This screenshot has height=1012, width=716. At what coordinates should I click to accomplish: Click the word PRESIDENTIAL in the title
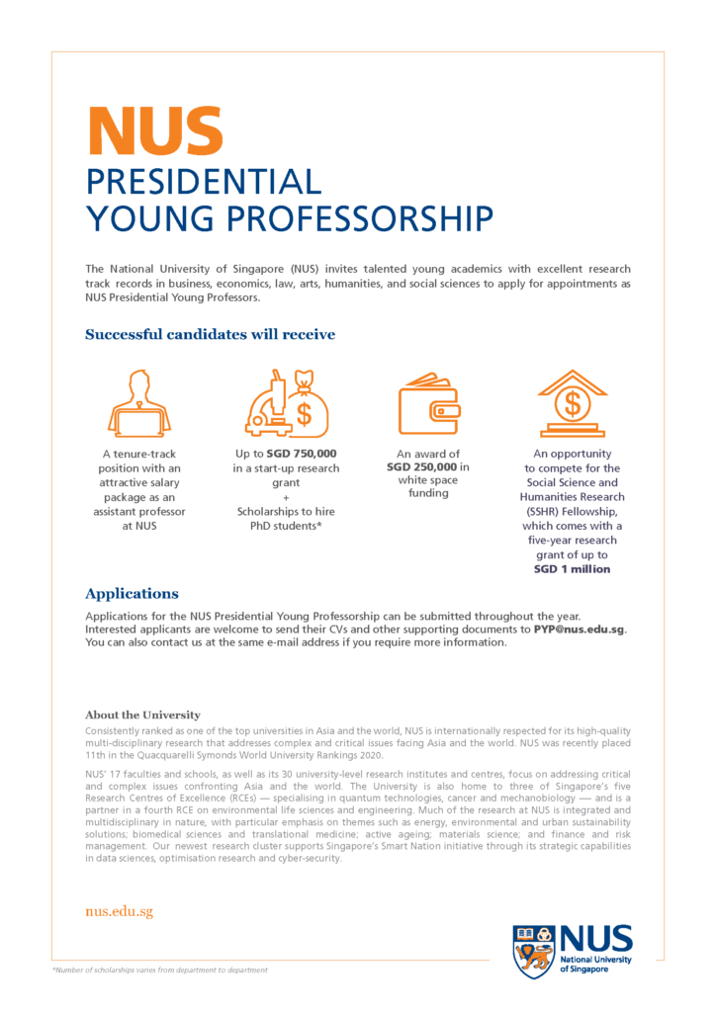pos(204,182)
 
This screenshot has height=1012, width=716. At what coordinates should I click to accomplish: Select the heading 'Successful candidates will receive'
pos(210,334)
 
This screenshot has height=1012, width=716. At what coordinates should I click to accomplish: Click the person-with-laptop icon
pos(139,401)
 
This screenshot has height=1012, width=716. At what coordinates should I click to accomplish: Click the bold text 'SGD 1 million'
pos(572,569)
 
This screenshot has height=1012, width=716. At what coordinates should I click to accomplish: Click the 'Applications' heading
pos(132,594)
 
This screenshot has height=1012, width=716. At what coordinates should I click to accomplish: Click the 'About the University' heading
pos(142,715)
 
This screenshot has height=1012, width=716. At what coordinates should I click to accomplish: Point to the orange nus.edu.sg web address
pos(119,911)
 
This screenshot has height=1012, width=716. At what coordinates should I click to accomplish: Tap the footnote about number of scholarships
pos(159,970)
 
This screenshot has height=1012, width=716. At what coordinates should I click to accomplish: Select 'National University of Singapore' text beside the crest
pos(595,964)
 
